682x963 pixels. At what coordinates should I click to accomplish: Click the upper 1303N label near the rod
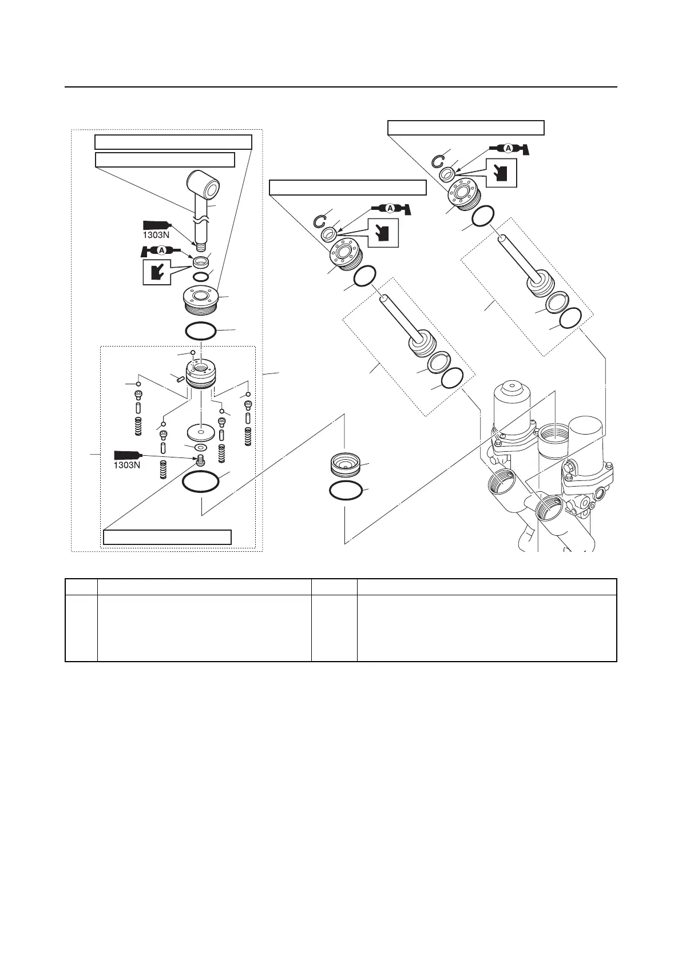pyautogui.click(x=155, y=235)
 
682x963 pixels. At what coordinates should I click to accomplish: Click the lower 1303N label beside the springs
pyautogui.click(x=127, y=465)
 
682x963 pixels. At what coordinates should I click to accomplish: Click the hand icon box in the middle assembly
pyautogui.click(x=383, y=232)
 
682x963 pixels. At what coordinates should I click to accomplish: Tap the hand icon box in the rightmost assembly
pyautogui.click(x=502, y=173)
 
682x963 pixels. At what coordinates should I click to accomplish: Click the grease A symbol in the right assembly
pyautogui.click(x=508, y=149)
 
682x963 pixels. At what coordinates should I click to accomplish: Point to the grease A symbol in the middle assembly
pyautogui.click(x=390, y=208)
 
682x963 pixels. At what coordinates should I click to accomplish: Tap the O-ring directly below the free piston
pyautogui.click(x=345, y=491)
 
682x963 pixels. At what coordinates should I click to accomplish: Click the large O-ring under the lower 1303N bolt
pyautogui.click(x=200, y=482)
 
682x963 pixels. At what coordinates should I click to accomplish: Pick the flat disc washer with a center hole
pyautogui.click(x=201, y=431)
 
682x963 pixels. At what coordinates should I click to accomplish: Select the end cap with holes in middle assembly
pyautogui.click(x=343, y=255)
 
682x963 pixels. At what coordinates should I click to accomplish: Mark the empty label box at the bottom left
pyautogui.click(x=167, y=537)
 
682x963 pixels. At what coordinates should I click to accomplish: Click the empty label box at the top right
pyautogui.click(x=466, y=128)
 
